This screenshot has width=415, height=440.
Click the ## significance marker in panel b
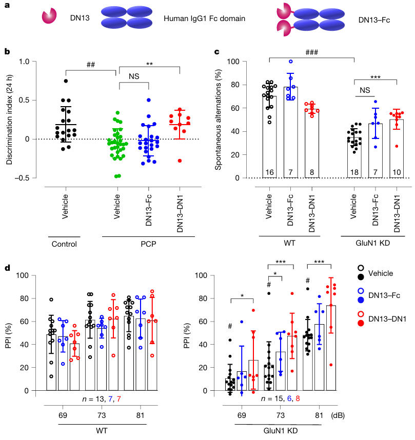click(x=92, y=65)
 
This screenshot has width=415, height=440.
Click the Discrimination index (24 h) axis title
click(x=10, y=119)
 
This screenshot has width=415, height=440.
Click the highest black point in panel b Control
click(x=66, y=81)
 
